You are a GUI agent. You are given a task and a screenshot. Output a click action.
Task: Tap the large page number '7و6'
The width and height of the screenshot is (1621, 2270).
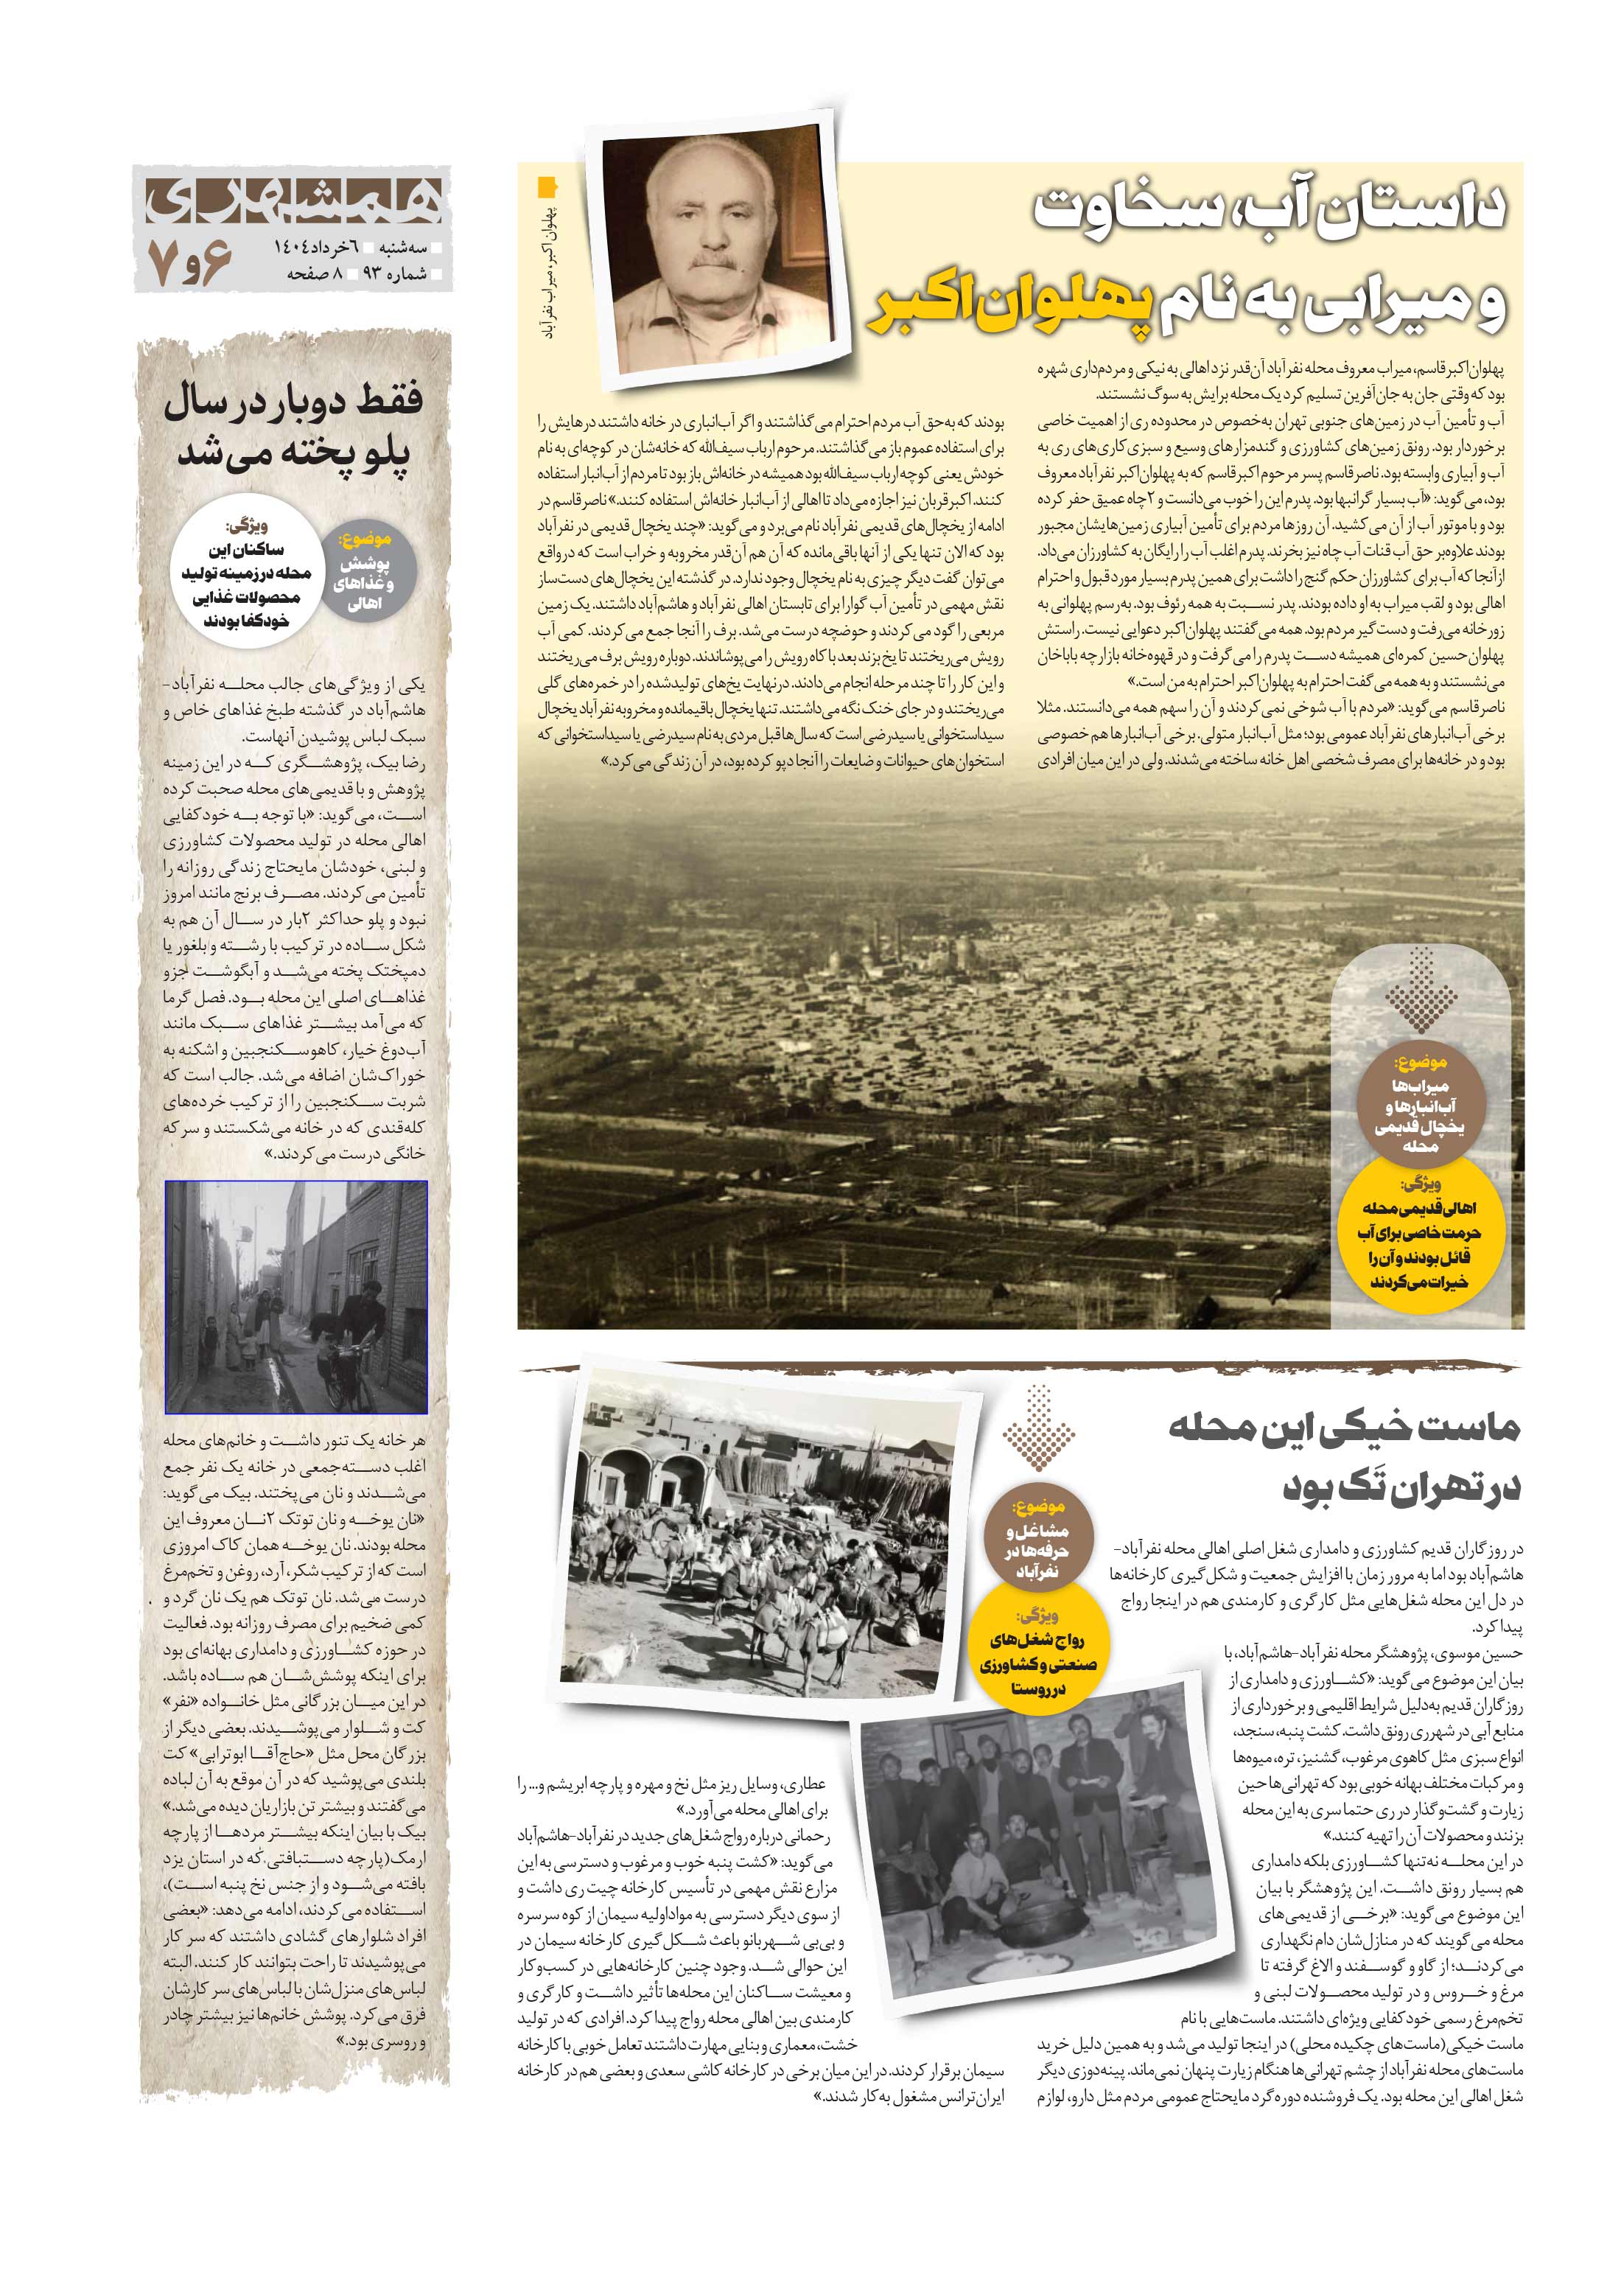click(189, 262)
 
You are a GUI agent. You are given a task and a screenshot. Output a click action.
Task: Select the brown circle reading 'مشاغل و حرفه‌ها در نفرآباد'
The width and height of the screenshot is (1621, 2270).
click(1038, 1538)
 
